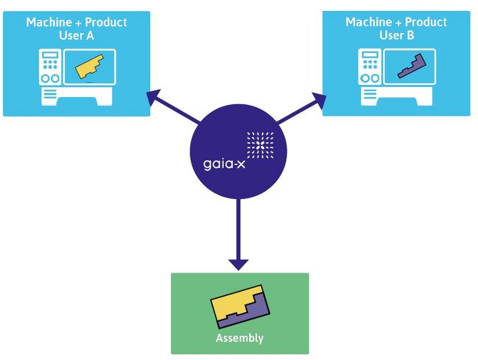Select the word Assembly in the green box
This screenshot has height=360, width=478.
click(x=239, y=338)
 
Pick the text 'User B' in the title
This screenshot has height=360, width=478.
click(x=396, y=36)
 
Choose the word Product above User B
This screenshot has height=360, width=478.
click(x=425, y=22)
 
